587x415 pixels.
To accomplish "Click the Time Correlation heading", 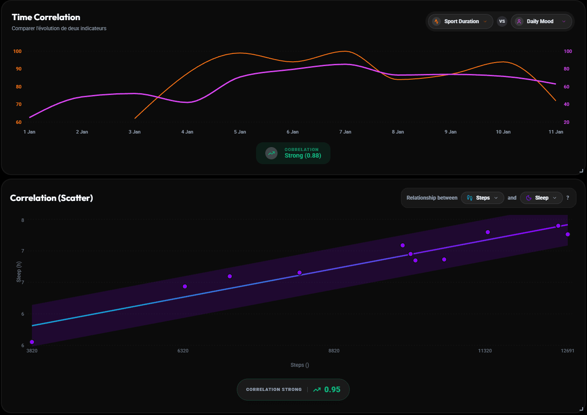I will [46, 18].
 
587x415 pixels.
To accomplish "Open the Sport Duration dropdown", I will [460, 21].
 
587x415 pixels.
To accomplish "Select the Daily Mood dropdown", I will [541, 21].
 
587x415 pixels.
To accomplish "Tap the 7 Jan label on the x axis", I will [345, 132].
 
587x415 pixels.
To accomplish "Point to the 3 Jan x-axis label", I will [134, 132].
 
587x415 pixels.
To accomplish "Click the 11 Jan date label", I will [556, 132].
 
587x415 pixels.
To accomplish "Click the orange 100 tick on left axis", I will [17, 51].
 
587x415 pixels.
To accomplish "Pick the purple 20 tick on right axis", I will [566, 122].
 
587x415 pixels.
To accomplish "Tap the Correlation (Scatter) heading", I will [51, 198].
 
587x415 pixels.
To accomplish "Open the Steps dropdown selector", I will [482, 198].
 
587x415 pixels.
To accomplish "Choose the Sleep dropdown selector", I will [541, 198].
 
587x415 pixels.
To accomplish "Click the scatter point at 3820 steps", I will [32, 342].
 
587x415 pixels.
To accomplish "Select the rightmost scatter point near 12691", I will [568, 234].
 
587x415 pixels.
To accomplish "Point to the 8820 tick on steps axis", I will [334, 351].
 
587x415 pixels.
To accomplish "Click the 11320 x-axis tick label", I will [485, 351].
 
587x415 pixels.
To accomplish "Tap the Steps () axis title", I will [300, 365].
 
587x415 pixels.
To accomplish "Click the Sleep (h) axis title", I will [19, 272].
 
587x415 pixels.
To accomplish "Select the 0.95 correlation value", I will [332, 390].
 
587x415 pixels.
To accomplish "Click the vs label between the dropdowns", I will [502, 21].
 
